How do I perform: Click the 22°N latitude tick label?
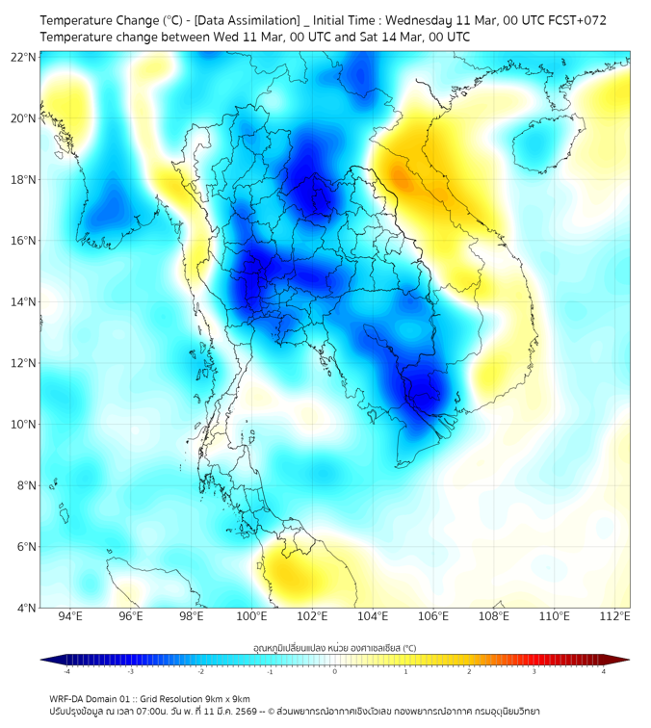pos(23,58)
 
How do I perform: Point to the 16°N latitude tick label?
pos(23,241)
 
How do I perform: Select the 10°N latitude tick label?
pos(23,424)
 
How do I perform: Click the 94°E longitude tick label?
pos(70,616)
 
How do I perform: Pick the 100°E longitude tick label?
pos(252,616)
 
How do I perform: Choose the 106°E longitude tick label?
pos(434,616)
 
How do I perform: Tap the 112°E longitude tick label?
pos(616,616)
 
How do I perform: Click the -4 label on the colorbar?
pos(66,671)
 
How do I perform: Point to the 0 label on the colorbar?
pos(335,671)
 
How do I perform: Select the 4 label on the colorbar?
pos(604,671)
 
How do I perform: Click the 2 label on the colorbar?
pos(469,671)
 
